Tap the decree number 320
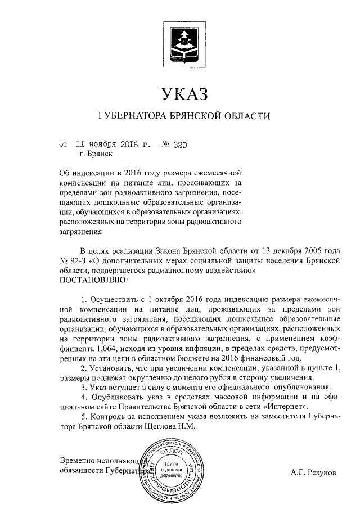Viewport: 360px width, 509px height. click(x=179, y=145)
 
